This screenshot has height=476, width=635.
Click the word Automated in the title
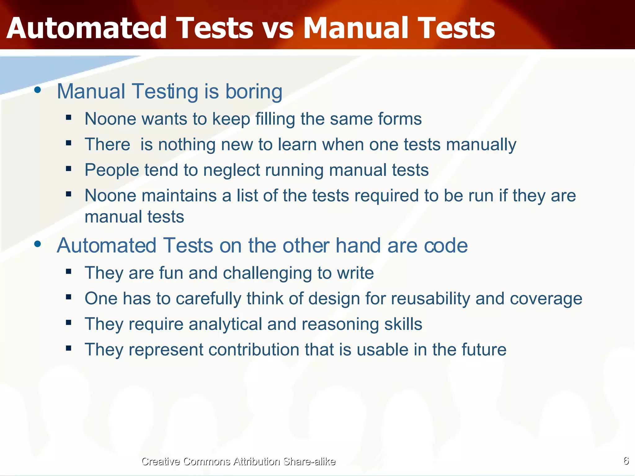point(87,29)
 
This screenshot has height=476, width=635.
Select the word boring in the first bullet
point(254,92)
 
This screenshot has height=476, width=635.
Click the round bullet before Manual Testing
point(38,90)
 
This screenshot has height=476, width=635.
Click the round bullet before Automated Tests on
point(38,244)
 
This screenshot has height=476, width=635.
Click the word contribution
point(253,350)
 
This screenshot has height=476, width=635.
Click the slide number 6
point(626,461)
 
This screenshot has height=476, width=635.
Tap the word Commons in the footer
point(206,461)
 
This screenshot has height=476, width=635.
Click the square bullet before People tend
point(69,169)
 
